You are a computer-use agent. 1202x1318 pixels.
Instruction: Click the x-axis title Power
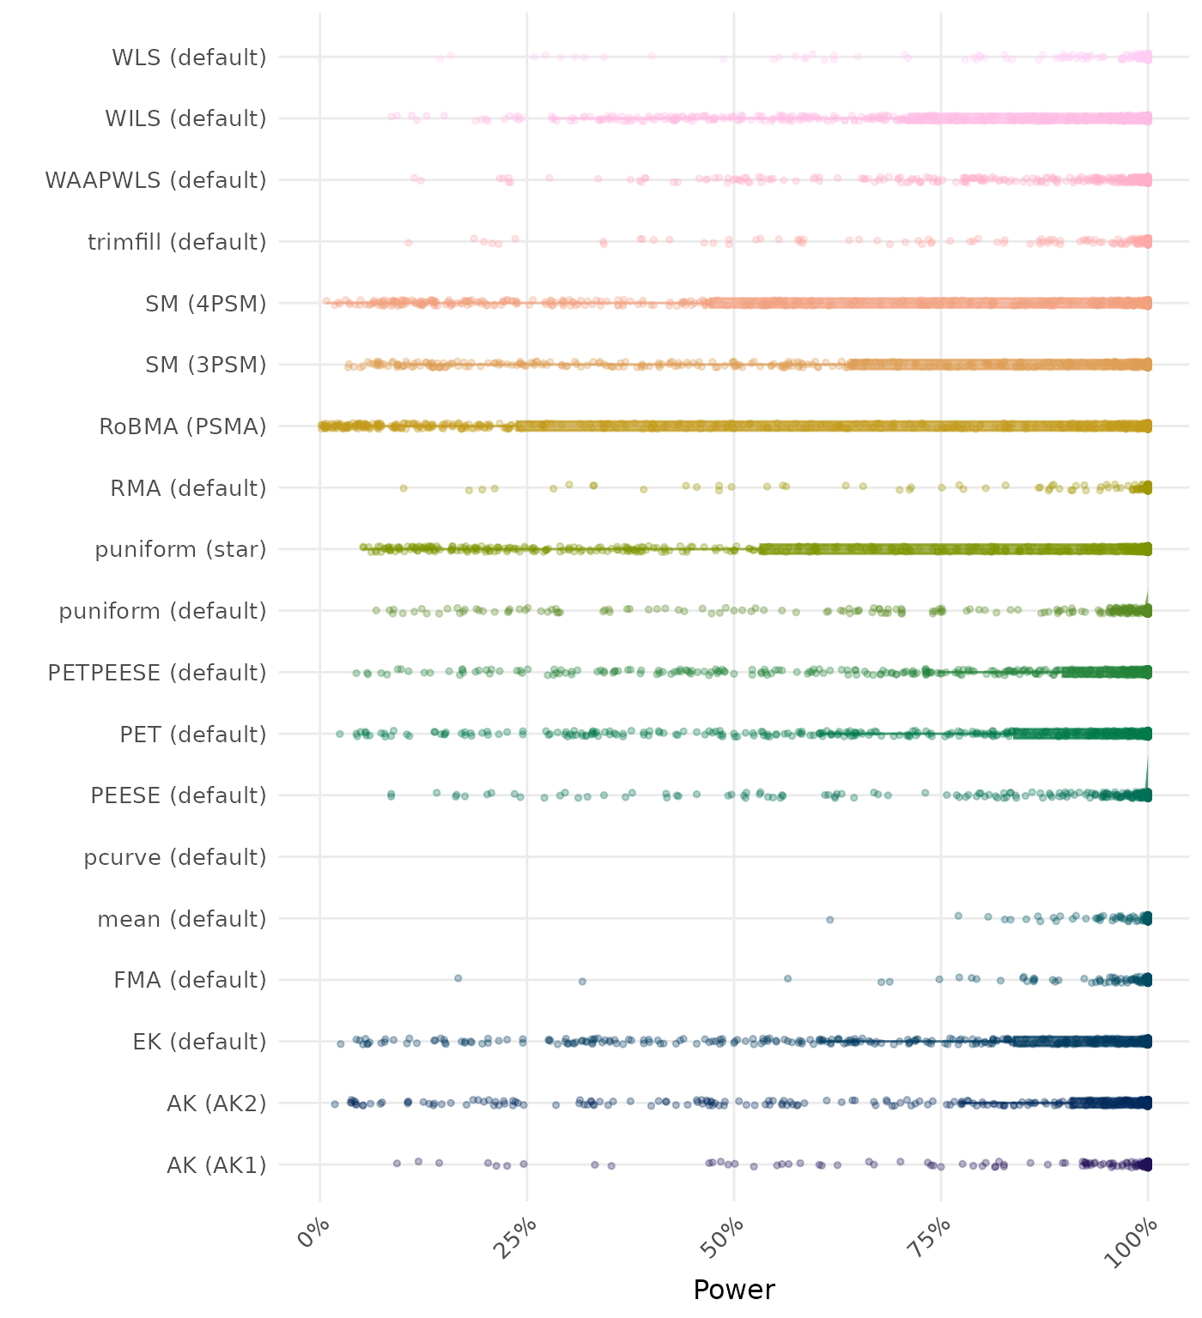point(733,1290)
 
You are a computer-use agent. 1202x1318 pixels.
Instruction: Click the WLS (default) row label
point(189,57)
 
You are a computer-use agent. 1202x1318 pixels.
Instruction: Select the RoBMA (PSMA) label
point(183,426)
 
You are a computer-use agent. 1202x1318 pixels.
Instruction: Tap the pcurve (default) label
point(175,857)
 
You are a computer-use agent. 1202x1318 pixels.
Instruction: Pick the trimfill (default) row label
point(177,242)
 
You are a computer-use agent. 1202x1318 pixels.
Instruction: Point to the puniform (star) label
point(180,549)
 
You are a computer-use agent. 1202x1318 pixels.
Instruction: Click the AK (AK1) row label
point(216,1165)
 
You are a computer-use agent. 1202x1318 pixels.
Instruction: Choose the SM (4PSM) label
point(206,304)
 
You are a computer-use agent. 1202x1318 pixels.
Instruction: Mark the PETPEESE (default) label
point(157,673)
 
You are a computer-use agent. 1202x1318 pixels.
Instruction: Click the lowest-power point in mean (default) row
point(829,919)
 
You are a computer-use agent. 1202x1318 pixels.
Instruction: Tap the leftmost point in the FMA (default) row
point(458,978)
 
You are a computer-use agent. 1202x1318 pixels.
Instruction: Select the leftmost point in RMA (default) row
point(404,488)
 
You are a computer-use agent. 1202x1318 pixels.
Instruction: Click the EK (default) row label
point(199,1042)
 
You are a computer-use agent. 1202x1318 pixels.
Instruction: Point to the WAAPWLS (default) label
point(155,180)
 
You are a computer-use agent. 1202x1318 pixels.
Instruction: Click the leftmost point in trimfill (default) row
point(409,243)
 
